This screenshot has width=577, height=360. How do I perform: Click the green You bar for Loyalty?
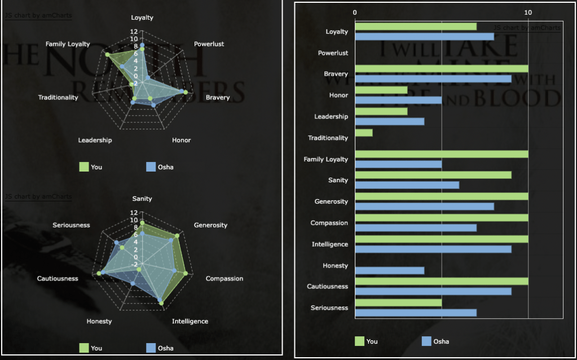coord(416,27)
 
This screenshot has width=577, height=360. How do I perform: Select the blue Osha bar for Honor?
coord(398,100)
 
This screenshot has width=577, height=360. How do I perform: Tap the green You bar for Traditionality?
coord(364,133)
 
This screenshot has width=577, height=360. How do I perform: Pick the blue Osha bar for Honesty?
coord(390,270)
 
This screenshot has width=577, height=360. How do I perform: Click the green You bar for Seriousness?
coord(398,302)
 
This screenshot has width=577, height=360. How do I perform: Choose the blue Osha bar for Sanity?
coord(407,185)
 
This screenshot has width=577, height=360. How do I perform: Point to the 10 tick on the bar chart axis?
coord(528,12)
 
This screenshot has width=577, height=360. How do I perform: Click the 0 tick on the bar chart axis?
coord(355,12)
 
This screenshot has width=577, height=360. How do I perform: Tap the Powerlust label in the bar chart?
coord(333,53)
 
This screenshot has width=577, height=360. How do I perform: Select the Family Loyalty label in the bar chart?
coord(326,159)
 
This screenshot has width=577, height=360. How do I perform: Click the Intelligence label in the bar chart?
coord(330,244)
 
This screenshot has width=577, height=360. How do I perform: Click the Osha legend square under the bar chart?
coord(426,341)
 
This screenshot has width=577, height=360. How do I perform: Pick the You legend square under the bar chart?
coord(359,341)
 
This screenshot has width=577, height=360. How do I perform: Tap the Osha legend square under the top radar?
coord(151,167)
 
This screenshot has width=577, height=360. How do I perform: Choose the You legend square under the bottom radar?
coord(83,348)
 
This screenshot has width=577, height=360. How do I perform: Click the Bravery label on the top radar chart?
coord(218,98)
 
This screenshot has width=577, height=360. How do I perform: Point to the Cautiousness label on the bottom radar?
coord(58,278)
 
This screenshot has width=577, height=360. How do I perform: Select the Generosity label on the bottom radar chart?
coord(210,225)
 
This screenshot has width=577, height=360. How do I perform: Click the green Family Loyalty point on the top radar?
coord(107,54)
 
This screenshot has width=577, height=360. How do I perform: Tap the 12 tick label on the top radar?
coord(134,32)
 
